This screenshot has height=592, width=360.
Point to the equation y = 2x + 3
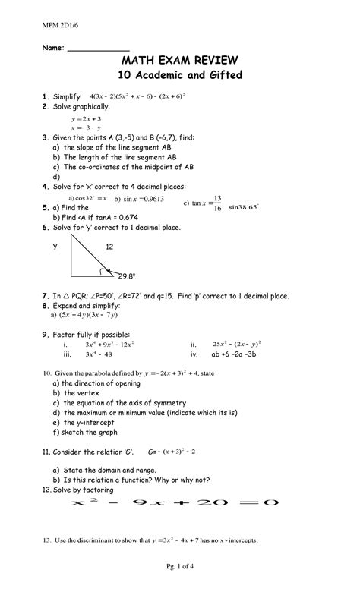pyautogui.click(x=86, y=119)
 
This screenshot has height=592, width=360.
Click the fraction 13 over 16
pyautogui.click(x=218, y=203)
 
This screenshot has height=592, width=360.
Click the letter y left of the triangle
pyautogui.click(x=54, y=247)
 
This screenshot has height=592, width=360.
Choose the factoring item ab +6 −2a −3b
pyautogui.click(x=243, y=354)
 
